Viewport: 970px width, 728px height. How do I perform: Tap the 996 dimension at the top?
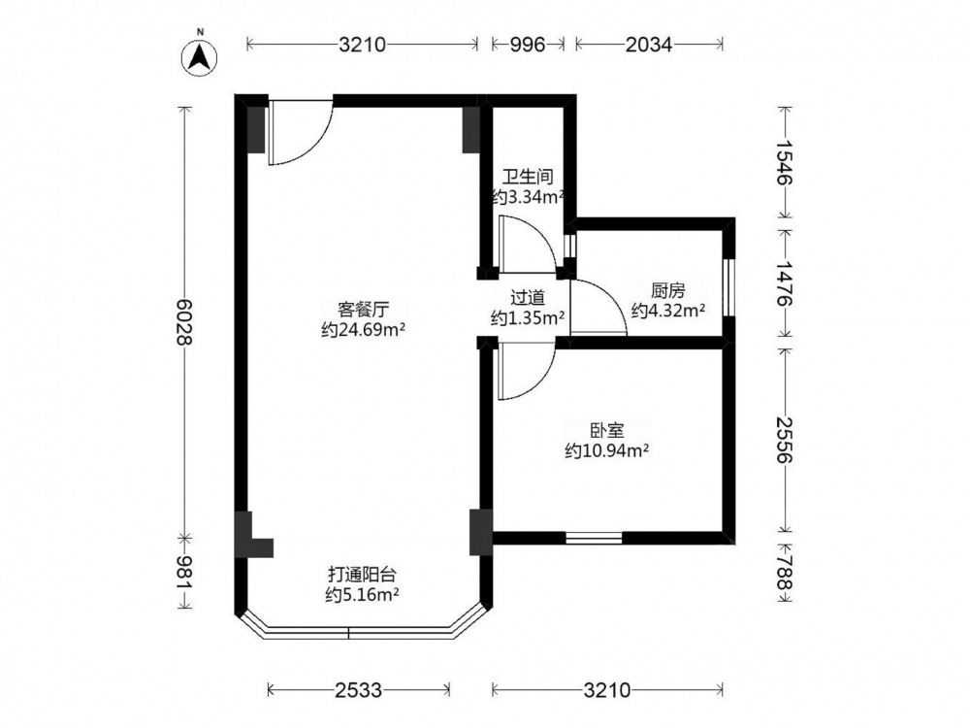coord(528,45)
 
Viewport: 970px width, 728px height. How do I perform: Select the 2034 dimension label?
coord(648,45)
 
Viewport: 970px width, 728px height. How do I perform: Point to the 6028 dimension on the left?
coord(184,322)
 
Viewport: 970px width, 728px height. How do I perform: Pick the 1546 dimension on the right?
coord(784,162)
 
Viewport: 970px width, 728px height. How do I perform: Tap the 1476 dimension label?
coord(784,283)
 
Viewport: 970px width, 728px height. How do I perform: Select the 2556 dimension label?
coord(784,440)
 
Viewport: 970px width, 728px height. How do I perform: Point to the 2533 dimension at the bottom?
coord(359,689)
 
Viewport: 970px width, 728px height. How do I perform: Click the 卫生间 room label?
coord(527,178)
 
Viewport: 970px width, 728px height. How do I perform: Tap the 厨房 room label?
coord(668,290)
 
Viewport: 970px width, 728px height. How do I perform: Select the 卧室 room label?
coord(606,431)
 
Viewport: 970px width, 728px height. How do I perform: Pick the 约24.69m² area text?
coord(363,330)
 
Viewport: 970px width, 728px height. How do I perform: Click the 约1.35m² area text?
coord(528,318)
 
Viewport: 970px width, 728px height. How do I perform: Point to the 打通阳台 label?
coord(362,574)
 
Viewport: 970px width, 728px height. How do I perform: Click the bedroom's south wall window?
coord(594,538)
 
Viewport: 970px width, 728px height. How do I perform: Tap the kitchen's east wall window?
coord(729,288)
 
